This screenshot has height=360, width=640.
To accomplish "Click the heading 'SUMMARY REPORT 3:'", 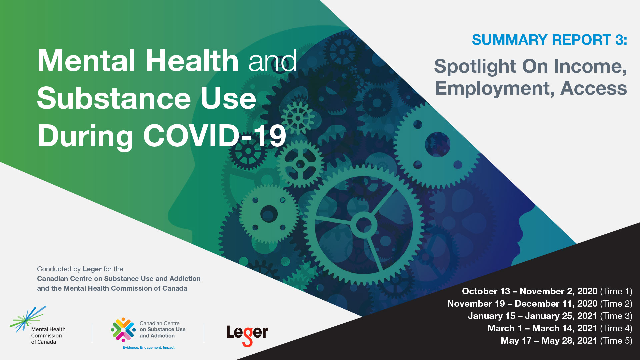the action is [x=549, y=40].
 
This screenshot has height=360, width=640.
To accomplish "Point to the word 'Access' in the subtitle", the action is [x=594, y=88].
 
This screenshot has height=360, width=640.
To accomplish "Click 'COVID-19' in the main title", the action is [x=215, y=136].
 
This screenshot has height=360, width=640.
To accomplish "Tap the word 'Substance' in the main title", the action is [x=114, y=99].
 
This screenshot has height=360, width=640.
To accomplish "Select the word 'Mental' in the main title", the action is [x=86, y=61].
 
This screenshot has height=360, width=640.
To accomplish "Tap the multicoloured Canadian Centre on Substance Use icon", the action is [x=123, y=330].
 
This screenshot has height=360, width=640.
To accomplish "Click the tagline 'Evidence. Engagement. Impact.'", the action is [x=149, y=348].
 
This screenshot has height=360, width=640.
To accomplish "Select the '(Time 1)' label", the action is [x=616, y=291].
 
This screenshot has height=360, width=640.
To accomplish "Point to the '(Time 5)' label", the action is [x=616, y=341].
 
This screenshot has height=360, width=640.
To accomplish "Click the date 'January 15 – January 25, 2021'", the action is [x=532, y=316].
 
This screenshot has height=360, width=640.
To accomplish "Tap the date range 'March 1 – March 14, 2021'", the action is [x=542, y=328].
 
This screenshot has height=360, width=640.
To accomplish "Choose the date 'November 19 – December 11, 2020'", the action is [x=522, y=304].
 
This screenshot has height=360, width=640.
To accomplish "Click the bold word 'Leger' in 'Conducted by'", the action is [x=92, y=269].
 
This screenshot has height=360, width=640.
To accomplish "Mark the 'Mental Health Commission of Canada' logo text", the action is [x=48, y=336].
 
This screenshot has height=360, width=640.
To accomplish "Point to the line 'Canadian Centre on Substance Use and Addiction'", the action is [x=119, y=279].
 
